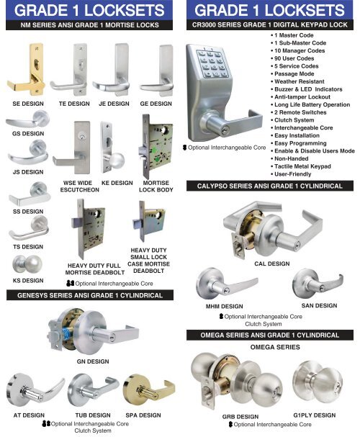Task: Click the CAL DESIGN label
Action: (271, 264)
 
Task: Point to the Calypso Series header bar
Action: (271, 186)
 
